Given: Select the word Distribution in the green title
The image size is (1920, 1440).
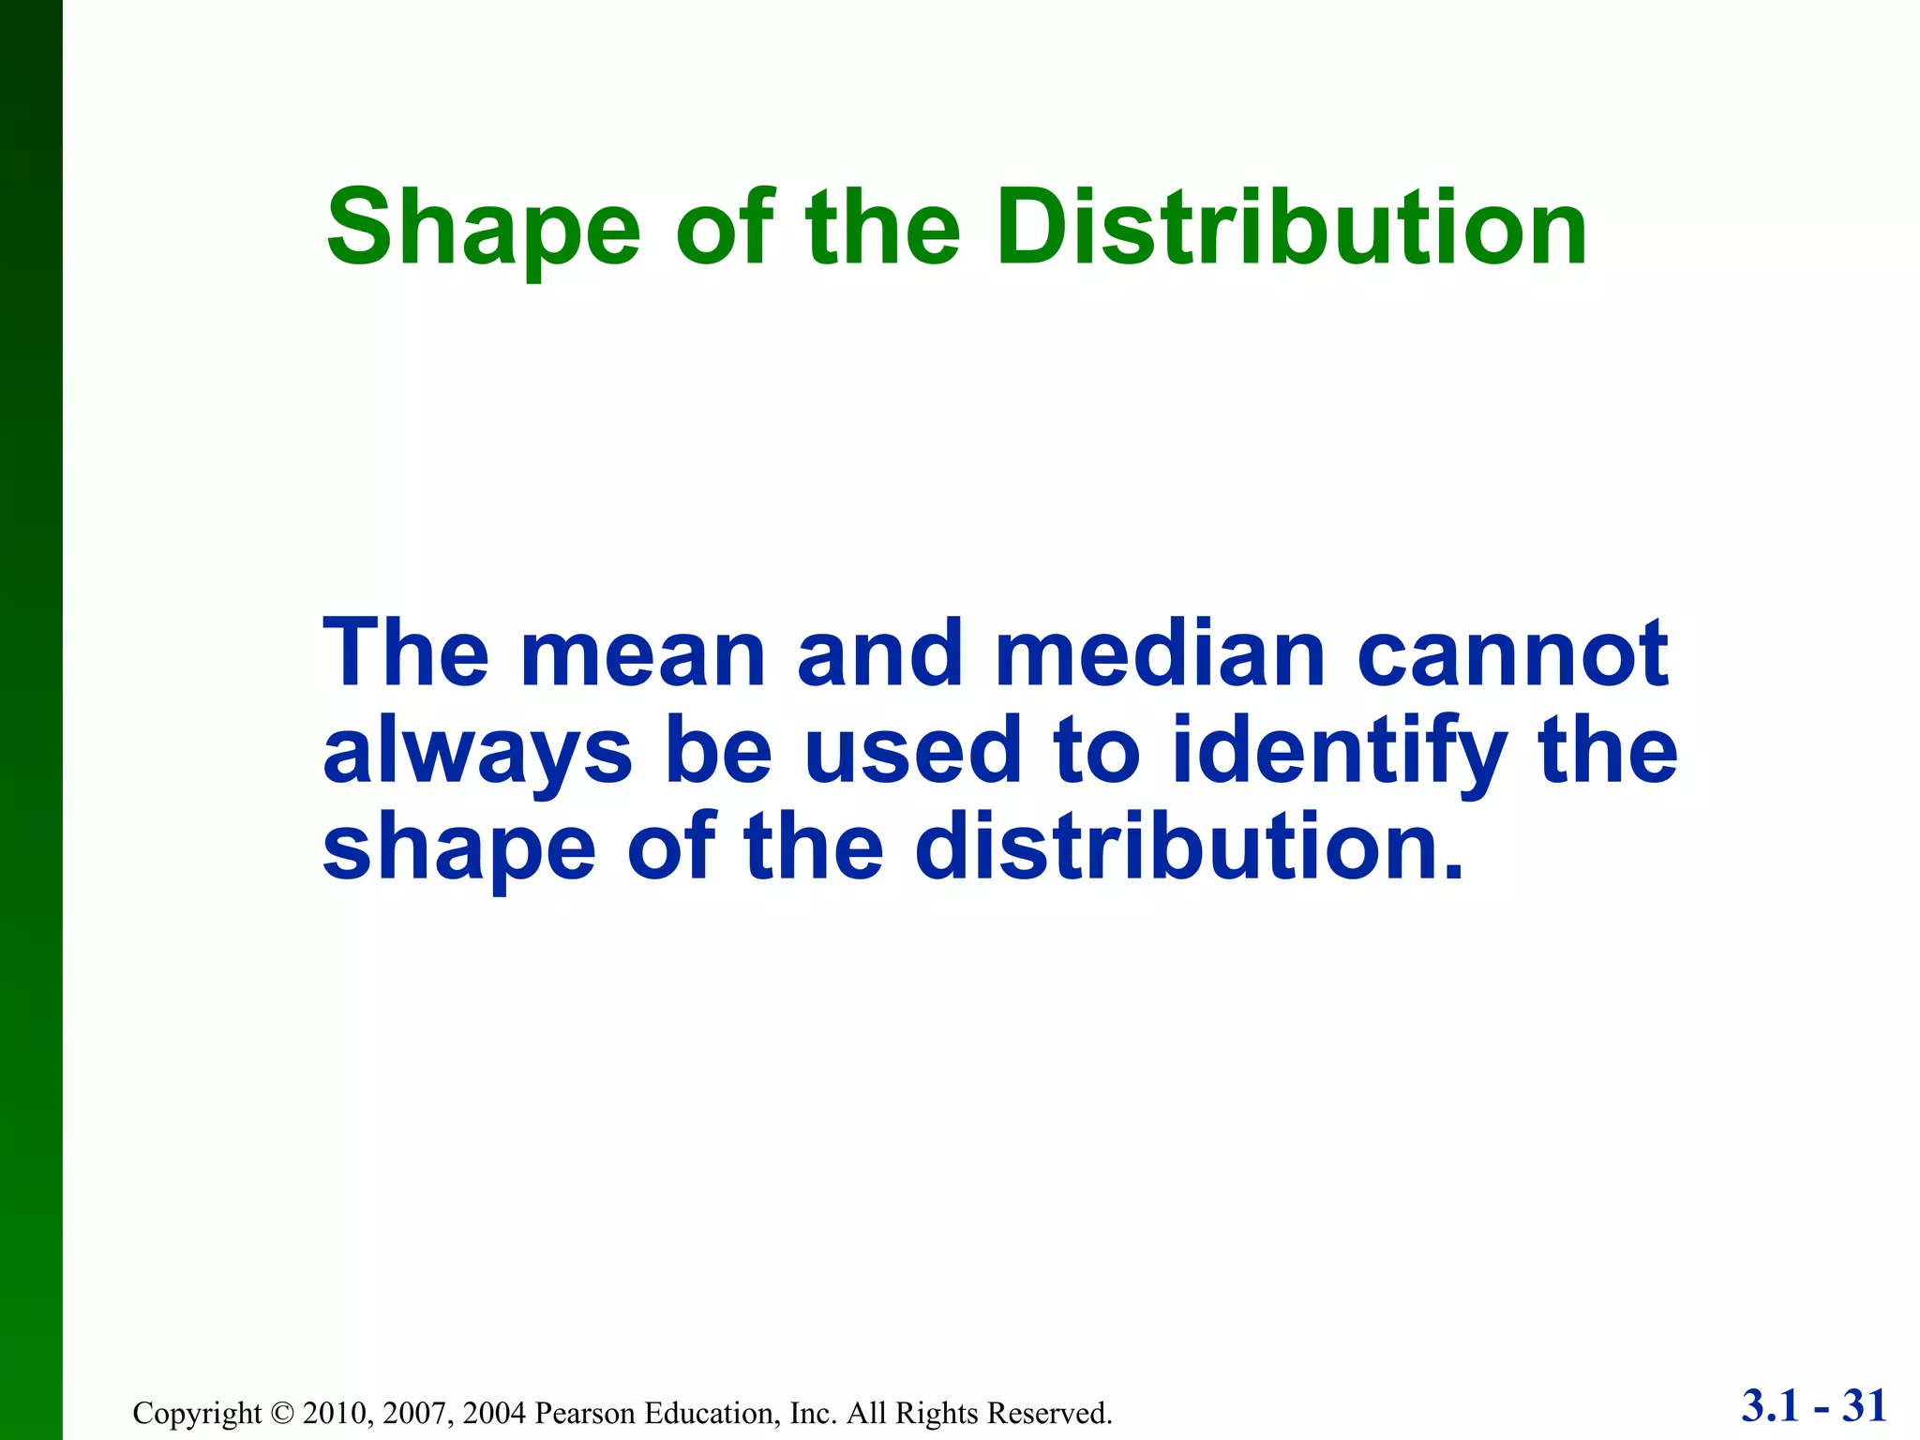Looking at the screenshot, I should (1291, 228).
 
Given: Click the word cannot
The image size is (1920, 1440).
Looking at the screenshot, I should (1513, 654).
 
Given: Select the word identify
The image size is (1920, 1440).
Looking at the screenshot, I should (1341, 753).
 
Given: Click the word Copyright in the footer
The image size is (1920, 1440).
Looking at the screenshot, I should (198, 1413).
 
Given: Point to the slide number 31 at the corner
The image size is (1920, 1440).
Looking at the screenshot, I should (1865, 1407).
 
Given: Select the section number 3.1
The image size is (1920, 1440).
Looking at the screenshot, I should (1771, 1407).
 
